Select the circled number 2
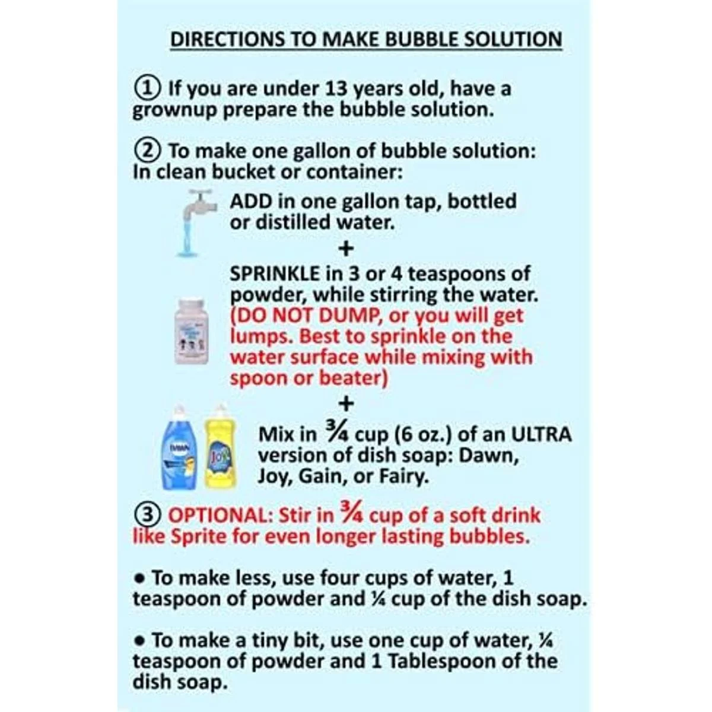click(x=147, y=151)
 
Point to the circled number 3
click(x=147, y=515)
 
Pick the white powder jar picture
click(x=192, y=330)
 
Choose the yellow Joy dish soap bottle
click(x=221, y=447)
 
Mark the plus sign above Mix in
click(x=346, y=403)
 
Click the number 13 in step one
click(x=336, y=88)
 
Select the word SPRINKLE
click(x=275, y=274)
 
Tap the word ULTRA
click(x=541, y=434)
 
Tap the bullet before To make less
click(x=140, y=579)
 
